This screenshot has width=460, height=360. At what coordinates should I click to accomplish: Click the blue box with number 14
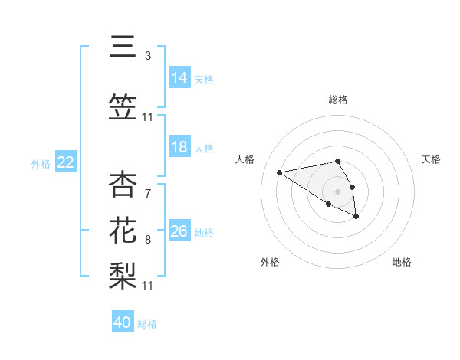pyautogui.click(x=179, y=78)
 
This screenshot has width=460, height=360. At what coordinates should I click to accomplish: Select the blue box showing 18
pyautogui.click(x=179, y=147)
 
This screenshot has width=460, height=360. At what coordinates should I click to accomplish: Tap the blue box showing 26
pyautogui.click(x=179, y=231)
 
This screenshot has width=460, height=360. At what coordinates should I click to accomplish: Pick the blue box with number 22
pyautogui.click(x=66, y=162)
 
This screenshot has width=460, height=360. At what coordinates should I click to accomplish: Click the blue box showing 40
pyautogui.click(x=123, y=322)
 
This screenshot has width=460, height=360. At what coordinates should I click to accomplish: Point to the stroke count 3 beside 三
pyautogui.click(x=147, y=56)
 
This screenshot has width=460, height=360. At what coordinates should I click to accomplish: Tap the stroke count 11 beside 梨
pyautogui.click(x=148, y=285)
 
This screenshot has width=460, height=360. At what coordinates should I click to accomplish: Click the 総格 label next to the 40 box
pyautogui.click(x=147, y=324)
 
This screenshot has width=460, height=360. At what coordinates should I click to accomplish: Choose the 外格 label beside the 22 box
pyautogui.click(x=41, y=164)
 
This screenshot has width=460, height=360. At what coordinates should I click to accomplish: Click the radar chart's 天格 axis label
pyautogui.click(x=431, y=159)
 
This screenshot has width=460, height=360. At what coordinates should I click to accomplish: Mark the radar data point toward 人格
pyautogui.click(x=280, y=172)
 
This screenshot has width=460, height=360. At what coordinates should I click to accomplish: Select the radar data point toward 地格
pyautogui.click(x=356, y=217)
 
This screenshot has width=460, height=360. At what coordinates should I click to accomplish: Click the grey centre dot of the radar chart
pyautogui.click(x=337, y=191)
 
